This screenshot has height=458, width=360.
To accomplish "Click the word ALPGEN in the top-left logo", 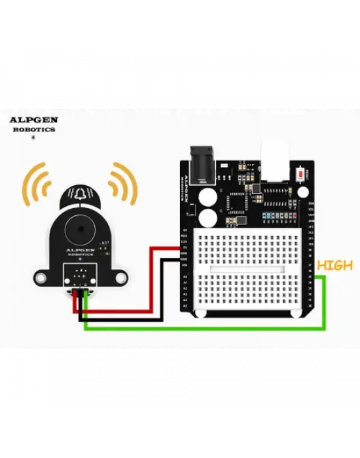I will (x=33, y=120).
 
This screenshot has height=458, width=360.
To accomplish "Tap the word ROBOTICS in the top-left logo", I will (x=34, y=130).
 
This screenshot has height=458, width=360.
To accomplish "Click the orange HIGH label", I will (x=334, y=265).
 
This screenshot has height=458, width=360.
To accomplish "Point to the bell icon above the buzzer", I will (x=79, y=195).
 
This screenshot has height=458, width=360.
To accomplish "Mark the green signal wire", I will (x=203, y=326).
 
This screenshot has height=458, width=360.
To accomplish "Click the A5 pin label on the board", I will (x=185, y=306).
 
